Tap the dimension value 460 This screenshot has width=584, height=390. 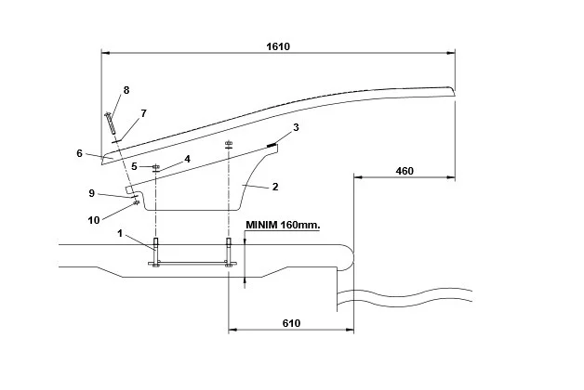(405, 171)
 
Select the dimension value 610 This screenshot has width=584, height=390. (290, 322)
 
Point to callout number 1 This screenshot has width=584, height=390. (120, 232)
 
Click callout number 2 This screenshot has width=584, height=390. (275, 187)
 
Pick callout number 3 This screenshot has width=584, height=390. (296, 126)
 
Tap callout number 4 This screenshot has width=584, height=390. (187, 159)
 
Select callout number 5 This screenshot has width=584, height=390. (134, 166)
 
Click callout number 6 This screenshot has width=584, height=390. (80, 152)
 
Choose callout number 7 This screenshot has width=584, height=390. (143, 112)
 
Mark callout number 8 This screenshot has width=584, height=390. (126, 90)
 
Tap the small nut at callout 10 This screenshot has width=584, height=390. (137, 202)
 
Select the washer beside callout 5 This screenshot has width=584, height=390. (155, 166)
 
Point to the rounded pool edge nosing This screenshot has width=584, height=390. (346, 256)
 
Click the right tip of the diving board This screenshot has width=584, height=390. (452, 90)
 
